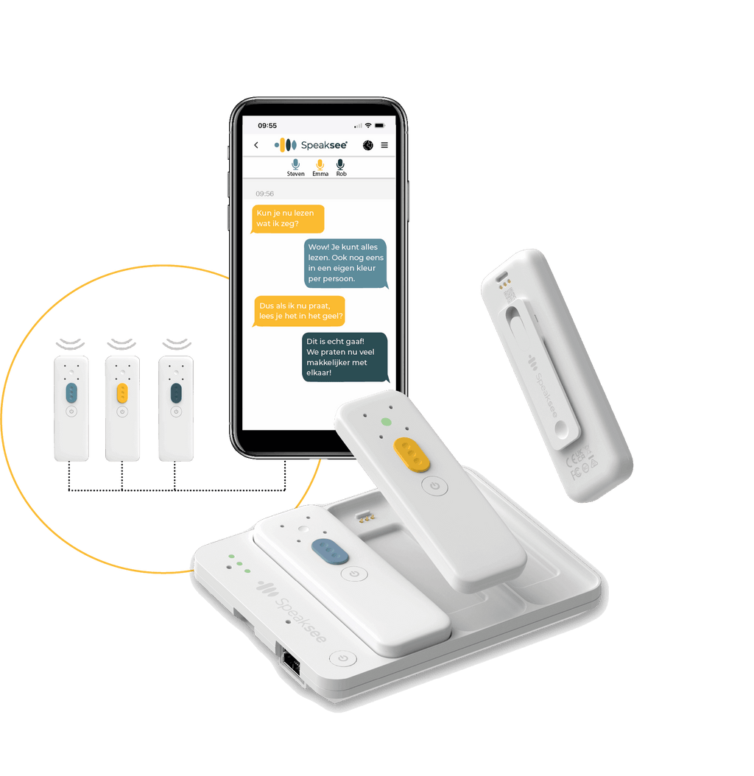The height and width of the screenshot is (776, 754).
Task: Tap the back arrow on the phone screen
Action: point(256,145)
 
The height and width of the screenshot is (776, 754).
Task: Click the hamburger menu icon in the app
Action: point(384,145)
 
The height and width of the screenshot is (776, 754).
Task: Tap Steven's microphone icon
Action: point(295,164)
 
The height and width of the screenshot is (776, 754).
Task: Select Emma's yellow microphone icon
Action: point(320,164)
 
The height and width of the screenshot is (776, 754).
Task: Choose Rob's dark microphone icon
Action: point(341,164)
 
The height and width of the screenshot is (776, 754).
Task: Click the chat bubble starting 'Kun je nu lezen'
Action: point(288,219)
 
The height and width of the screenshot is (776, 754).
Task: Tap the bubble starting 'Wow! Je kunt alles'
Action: point(345,264)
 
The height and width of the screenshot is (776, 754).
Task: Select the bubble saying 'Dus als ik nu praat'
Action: point(299,311)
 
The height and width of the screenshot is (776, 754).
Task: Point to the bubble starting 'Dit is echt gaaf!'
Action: point(345,357)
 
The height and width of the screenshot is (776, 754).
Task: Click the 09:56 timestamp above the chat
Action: point(264,194)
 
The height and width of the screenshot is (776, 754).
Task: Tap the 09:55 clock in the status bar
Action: point(267,126)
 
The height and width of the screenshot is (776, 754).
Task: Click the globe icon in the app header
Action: point(368,145)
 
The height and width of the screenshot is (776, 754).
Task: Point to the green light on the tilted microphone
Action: point(386,422)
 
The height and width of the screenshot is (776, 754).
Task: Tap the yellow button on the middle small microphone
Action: point(122,393)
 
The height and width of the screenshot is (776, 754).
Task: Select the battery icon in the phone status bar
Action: point(380,126)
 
